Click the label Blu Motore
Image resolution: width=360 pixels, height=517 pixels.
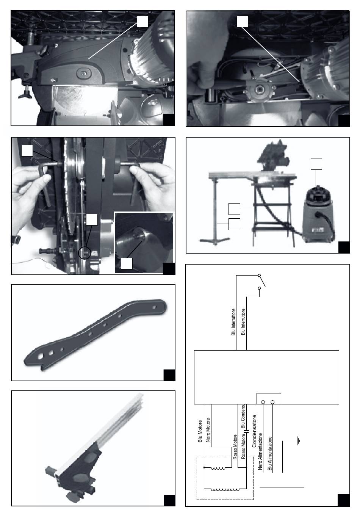200,431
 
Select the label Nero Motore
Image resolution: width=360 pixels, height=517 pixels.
208,430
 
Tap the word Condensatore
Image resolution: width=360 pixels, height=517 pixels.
254,431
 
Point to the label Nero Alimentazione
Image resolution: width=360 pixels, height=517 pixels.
260,451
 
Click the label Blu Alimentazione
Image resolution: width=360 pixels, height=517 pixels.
269,453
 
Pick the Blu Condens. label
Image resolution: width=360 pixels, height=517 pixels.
243,416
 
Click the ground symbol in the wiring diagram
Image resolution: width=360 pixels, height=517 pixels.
298,441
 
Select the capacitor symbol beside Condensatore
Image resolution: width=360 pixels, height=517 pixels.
247,431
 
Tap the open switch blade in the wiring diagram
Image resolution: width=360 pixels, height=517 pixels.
262,280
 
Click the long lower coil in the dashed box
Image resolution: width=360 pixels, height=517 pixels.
225,489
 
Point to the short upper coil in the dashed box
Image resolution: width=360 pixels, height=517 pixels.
218,468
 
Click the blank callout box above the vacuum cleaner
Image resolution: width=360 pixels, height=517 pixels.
316,164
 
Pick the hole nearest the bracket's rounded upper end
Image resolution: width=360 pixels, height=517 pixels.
155,307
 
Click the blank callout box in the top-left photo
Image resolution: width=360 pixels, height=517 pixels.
142,21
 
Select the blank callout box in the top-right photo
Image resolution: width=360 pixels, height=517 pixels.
242,21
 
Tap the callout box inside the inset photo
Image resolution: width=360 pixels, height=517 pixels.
127,263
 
